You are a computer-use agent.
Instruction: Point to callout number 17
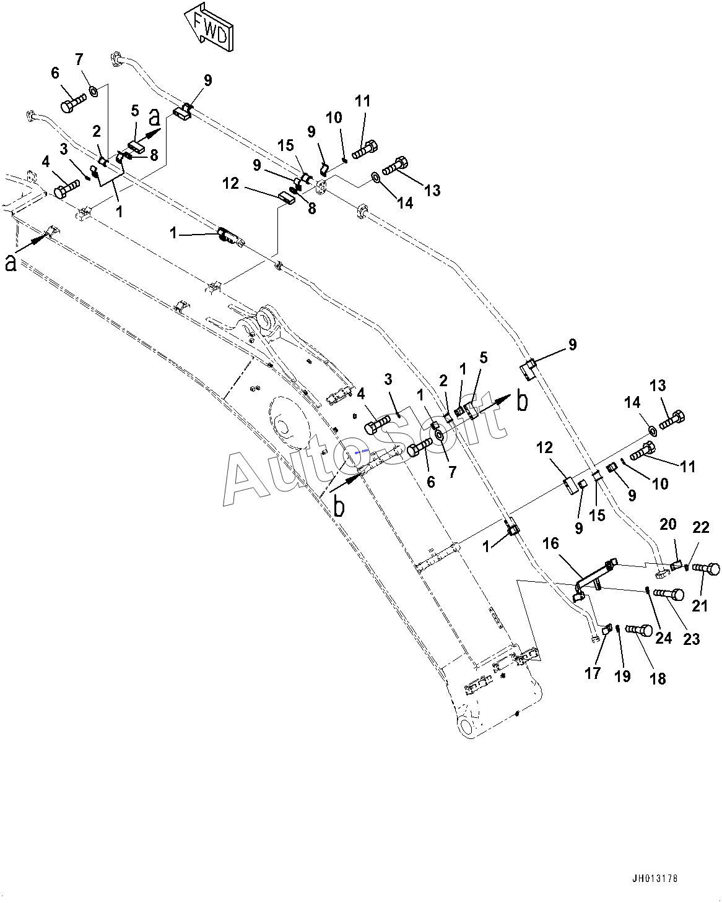[593, 673]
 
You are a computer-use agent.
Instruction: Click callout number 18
[658, 678]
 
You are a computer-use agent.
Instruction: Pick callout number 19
[622, 676]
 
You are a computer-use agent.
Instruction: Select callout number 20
[668, 524]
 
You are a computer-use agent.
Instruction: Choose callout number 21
[700, 606]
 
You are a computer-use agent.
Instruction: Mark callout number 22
[700, 527]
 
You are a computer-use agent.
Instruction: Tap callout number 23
[692, 639]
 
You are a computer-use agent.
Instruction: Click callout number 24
[664, 638]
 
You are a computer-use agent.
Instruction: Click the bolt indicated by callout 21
[706, 569]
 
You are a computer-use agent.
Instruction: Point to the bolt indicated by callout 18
[639, 630]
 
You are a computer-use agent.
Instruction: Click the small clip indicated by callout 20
[676, 566]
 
